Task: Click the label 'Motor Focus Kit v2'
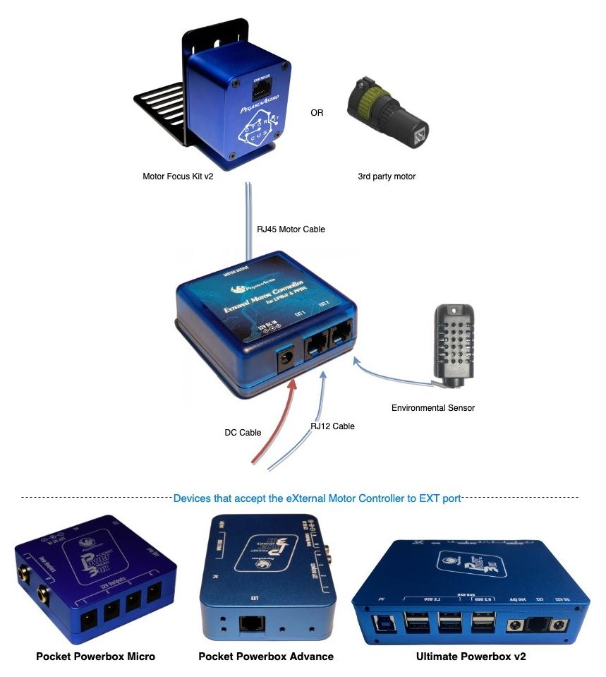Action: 178,176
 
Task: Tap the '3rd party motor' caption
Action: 387,176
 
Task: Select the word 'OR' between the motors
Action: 317,112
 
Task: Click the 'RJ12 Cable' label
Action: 332,426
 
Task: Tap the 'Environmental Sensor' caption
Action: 433,408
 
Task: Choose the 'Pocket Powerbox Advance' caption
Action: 266,657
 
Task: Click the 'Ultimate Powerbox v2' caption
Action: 471,657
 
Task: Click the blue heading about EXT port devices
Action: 317,498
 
